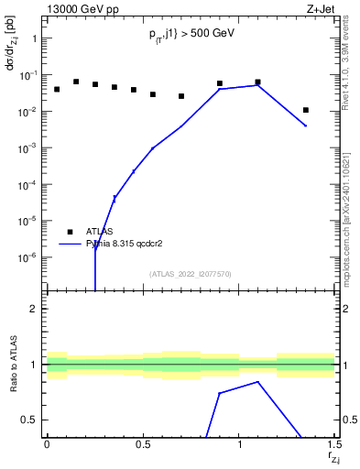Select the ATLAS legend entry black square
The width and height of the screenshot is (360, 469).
pyautogui.click(x=70, y=232)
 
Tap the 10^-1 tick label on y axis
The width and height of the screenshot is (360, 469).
pyautogui.click(x=29, y=75)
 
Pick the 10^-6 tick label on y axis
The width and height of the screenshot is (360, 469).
pyautogui.click(x=29, y=257)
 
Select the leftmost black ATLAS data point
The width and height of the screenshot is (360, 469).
pyautogui.click(x=57, y=89)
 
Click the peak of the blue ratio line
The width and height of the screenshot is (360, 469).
pyautogui.click(x=258, y=381)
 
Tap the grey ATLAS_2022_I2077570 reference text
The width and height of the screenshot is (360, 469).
pyautogui.click(x=191, y=273)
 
